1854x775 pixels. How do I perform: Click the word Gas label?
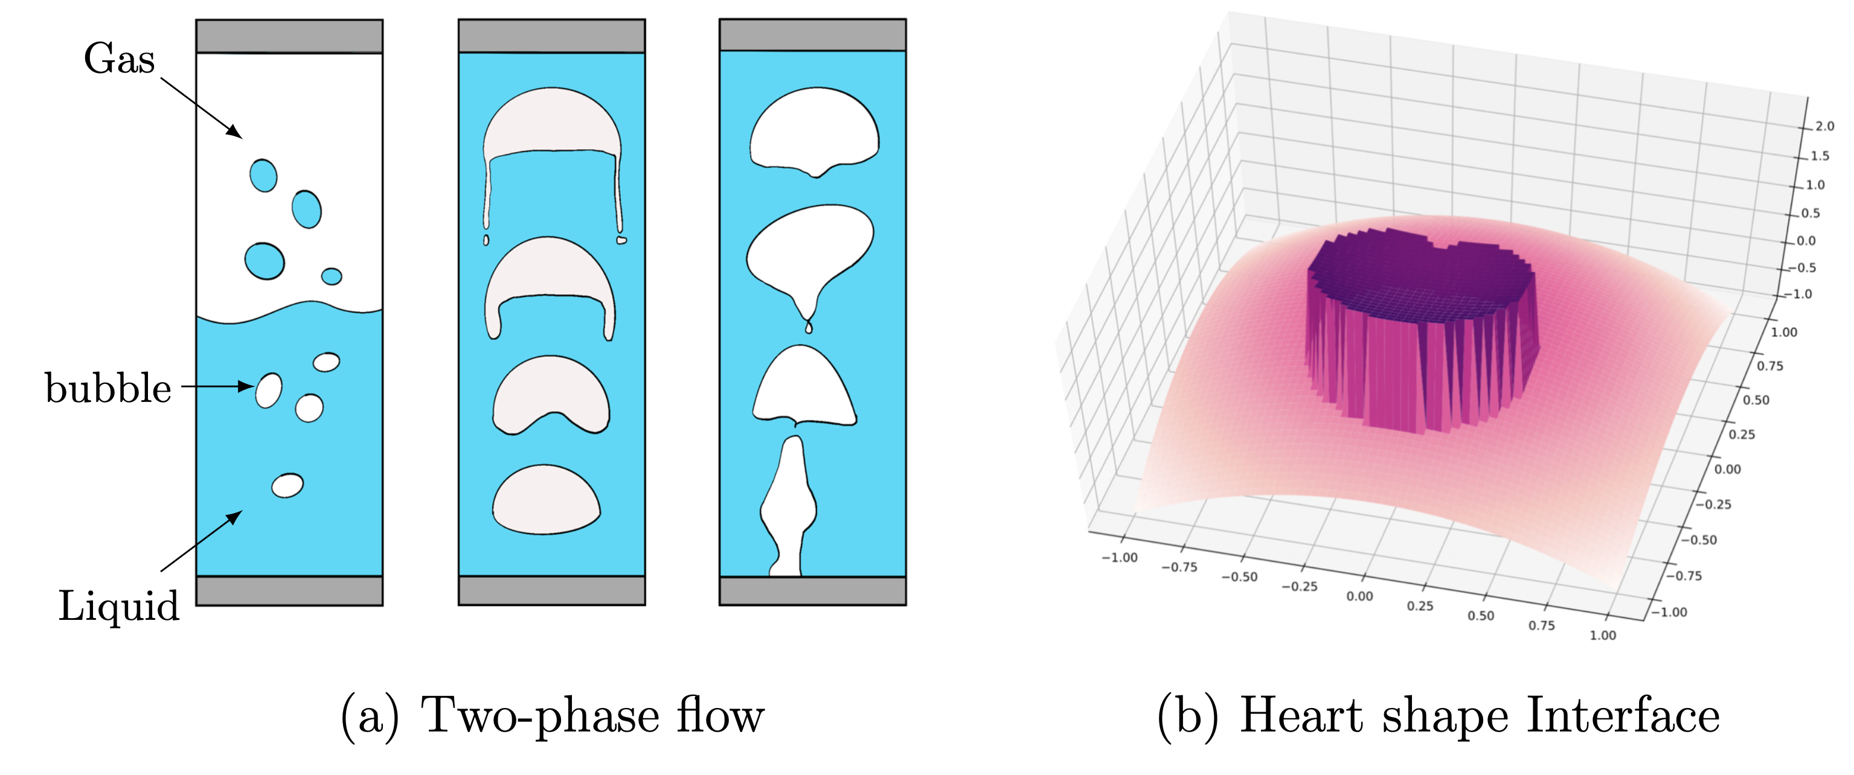coord(119,59)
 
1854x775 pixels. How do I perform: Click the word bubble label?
coord(108,389)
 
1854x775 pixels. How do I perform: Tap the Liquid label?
coord(119,606)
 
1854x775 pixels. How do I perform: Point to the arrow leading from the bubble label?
coord(216,386)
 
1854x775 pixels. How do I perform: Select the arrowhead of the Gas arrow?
coord(235,132)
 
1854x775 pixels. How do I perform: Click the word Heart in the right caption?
coord(1301,715)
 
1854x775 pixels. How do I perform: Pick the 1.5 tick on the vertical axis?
coord(1820,156)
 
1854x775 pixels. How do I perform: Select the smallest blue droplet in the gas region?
coord(331,276)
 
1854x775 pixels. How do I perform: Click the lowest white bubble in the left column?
coord(287,486)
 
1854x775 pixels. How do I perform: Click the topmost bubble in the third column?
coord(814,130)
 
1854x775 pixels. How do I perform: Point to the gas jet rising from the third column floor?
coord(789,511)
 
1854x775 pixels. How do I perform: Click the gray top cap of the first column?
coord(289,36)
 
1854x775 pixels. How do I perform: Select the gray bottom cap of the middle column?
coord(551,590)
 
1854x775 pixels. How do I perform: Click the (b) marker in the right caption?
coord(1187,715)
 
